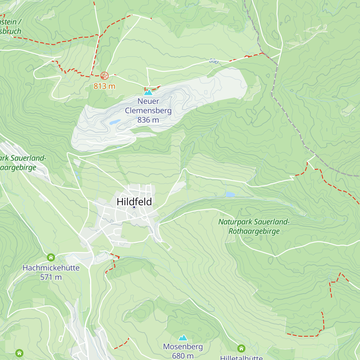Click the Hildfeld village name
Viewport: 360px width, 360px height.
(134, 202)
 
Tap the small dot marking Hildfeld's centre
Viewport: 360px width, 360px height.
(134, 207)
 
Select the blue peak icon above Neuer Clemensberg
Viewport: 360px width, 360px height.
(148, 92)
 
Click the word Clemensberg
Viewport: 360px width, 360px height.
(148, 110)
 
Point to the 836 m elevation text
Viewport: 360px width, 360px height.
(148, 120)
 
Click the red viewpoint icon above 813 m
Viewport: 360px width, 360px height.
(104, 75)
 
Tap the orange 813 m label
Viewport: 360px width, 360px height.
(104, 86)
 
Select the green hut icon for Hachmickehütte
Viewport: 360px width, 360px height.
(51, 257)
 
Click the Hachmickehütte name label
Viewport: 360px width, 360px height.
(51, 268)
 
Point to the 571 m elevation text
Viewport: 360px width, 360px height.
(51, 277)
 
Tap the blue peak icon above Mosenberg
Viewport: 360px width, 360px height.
(183, 338)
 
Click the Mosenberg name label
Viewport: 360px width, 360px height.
(183, 347)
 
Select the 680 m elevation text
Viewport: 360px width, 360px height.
(183, 356)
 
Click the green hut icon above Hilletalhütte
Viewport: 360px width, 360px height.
(241, 348)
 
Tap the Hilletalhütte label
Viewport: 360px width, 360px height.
(241, 358)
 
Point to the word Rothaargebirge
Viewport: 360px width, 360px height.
(254, 231)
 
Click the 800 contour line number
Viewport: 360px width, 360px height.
(214, 61)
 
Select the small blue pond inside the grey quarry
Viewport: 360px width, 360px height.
(115, 122)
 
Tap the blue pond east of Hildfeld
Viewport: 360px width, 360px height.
(230, 194)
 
